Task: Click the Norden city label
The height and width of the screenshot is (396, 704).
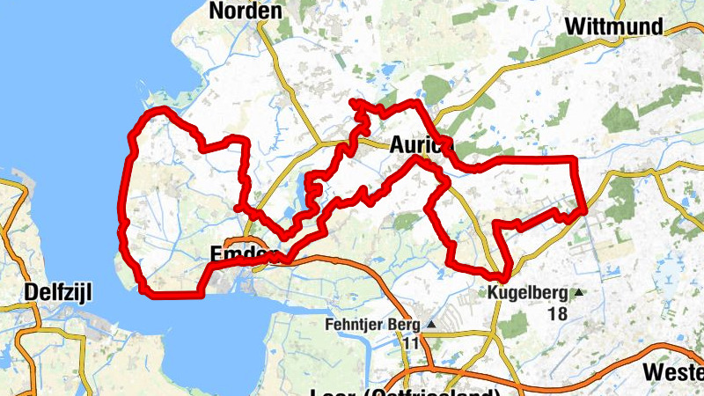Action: [x=246, y=11]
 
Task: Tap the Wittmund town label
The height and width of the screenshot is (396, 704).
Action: [x=613, y=26]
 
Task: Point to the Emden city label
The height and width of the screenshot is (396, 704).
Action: [x=238, y=255]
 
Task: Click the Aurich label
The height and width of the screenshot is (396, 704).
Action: [x=419, y=144]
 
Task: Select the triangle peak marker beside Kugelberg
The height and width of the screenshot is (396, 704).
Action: [x=578, y=292]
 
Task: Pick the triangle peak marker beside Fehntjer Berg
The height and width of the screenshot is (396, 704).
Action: [x=432, y=325]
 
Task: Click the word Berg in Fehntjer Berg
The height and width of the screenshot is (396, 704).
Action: [x=407, y=325]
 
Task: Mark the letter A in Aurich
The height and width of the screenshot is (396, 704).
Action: [x=397, y=144]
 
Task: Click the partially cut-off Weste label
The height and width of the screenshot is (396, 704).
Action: [x=674, y=371]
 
